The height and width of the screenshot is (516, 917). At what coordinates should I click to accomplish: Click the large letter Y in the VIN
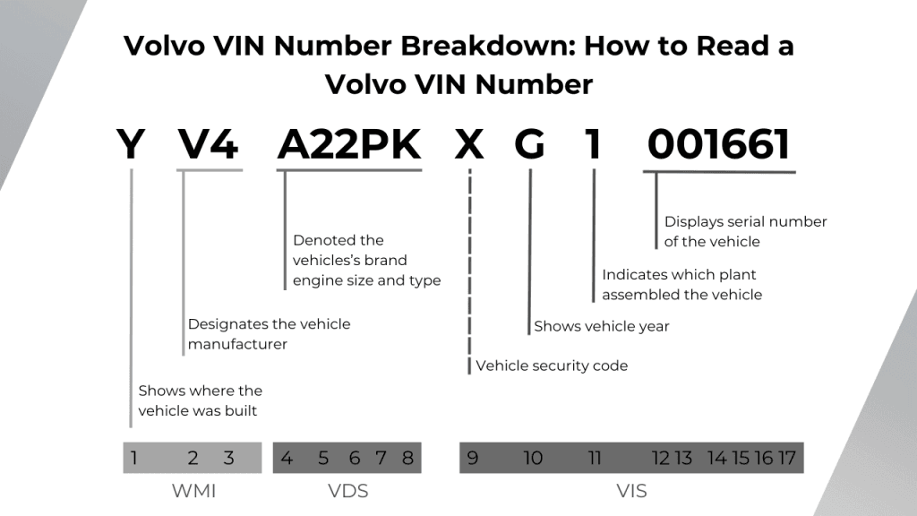(131, 144)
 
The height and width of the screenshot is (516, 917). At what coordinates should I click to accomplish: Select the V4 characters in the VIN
(208, 144)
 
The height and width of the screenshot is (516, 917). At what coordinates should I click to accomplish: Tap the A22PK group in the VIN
(348, 144)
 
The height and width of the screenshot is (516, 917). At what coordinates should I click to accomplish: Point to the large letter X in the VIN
(469, 144)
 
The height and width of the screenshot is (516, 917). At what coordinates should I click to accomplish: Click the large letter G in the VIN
(529, 144)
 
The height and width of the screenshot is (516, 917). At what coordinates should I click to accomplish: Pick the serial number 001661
(719, 144)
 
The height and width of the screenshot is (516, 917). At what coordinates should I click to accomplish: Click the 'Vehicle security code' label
(552, 365)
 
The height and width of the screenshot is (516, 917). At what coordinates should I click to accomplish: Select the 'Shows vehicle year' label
(601, 326)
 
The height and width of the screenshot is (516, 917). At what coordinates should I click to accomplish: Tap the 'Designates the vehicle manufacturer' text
(269, 333)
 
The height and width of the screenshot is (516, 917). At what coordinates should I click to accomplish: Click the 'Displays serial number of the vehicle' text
(745, 231)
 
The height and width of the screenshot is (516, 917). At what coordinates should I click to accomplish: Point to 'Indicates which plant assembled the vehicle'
(681, 284)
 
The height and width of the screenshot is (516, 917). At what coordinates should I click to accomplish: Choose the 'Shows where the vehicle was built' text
(200, 400)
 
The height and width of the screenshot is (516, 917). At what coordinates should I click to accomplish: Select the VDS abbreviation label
(347, 491)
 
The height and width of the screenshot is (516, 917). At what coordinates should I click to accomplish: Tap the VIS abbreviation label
(631, 491)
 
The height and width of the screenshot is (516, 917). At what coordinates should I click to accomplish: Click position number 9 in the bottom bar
(473, 459)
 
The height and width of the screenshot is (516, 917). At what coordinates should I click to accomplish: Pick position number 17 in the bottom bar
(786, 459)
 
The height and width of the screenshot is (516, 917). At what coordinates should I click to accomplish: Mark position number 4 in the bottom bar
(287, 459)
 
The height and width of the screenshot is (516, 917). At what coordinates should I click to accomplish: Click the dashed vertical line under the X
(469, 269)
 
